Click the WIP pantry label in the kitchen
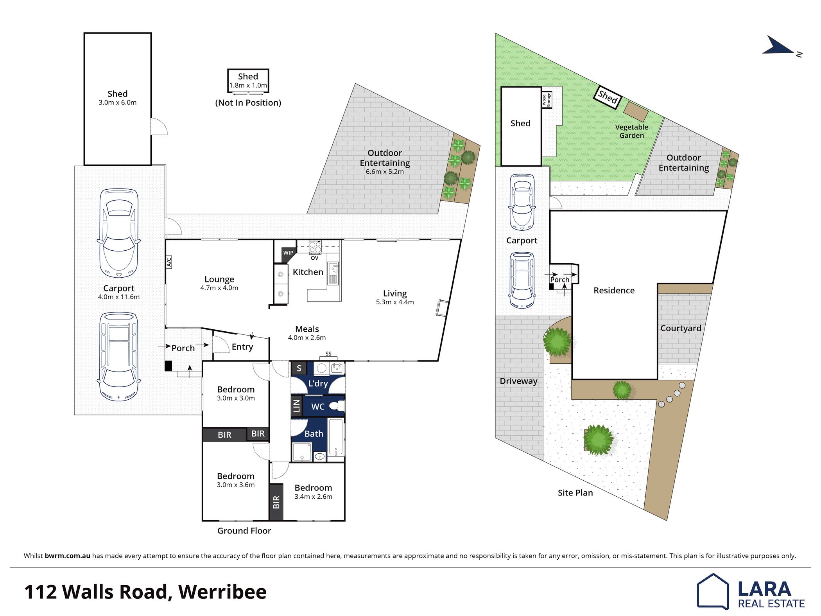pos(288,253)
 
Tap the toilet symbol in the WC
pos(335,406)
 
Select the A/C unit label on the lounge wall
pos(169,262)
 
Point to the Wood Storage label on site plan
pos(546,100)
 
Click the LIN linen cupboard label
pos(296,406)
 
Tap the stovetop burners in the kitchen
pos(315,247)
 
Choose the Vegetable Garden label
pos(631,131)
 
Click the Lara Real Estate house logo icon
pos(713,591)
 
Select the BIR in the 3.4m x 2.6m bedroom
pos(276,502)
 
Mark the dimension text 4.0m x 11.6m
pos(119,297)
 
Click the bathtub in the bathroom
pos(336,437)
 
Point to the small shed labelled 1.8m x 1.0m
pos(248,81)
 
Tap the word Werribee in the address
pos(222,592)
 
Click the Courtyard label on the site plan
pos(681,328)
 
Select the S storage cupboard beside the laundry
pos(299,368)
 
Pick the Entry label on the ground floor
pos(242,347)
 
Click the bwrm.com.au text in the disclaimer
pos(68,556)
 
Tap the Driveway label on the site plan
pos(518,381)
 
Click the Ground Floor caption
pos(244,531)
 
